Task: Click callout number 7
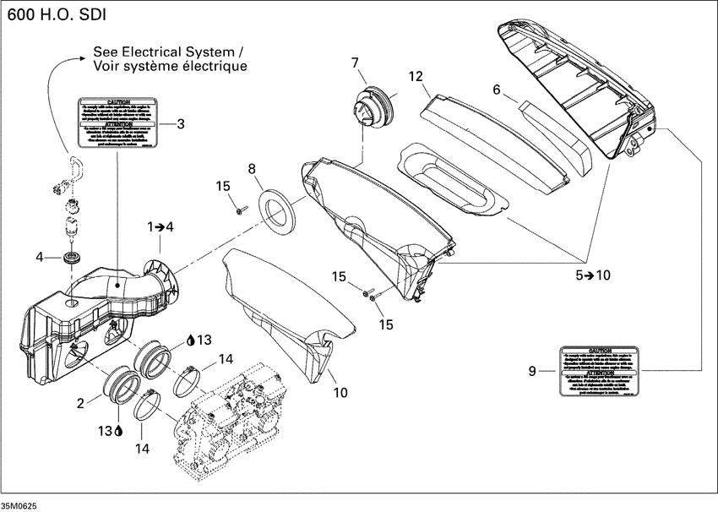tap(354, 62)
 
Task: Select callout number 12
tap(416, 76)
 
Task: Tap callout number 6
tap(497, 90)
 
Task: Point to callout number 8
tap(251, 169)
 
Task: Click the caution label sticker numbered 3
tap(117, 123)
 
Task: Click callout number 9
tap(531, 369)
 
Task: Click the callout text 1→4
tap(160, 227)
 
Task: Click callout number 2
tap(81, 403)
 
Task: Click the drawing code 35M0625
tap(19, 504)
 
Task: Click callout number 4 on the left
tap(39, 257)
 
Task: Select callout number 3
tap(179, 123)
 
